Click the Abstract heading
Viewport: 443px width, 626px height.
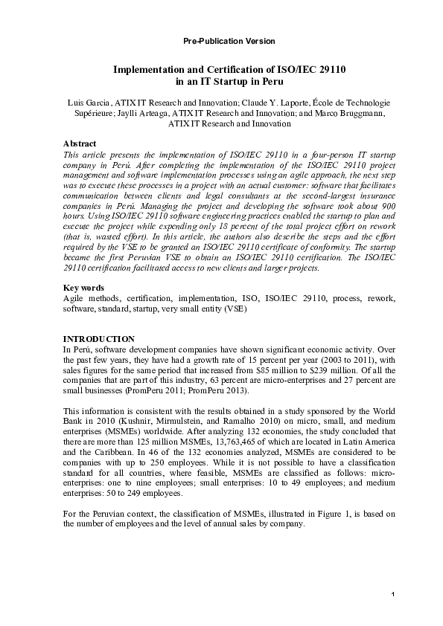80,143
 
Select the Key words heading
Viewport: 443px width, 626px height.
83,288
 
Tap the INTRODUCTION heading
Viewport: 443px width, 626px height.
99,338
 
